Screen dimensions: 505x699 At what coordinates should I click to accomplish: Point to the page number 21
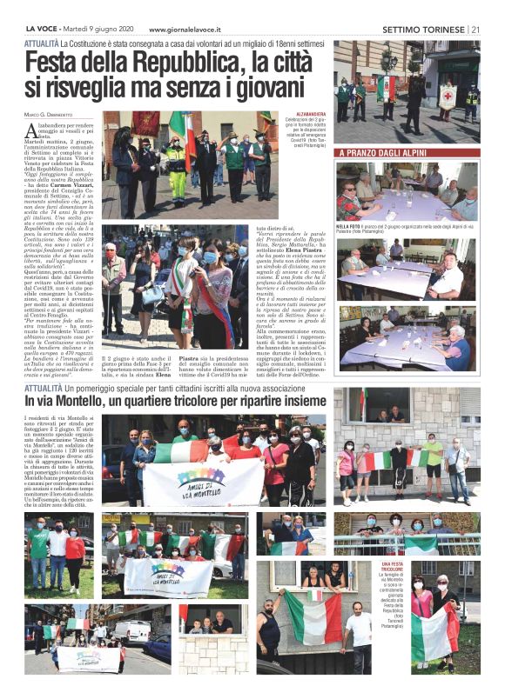[475, 29]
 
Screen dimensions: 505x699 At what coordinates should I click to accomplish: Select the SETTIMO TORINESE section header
[422, 29]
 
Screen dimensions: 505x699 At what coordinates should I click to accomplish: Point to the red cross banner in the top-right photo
[448, 94]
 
